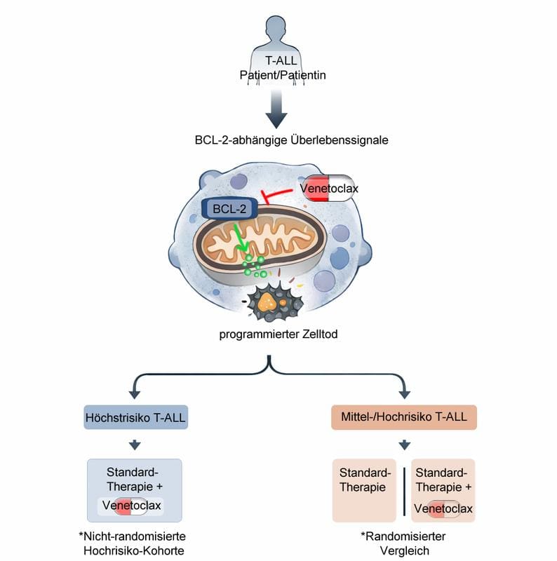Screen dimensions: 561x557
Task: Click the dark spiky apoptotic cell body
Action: pos(269,303)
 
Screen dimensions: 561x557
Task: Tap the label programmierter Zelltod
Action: pos(278,334)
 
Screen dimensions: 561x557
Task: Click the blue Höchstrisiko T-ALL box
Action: pos(135,417)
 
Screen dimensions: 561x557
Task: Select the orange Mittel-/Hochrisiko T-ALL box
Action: pos(405,417)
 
